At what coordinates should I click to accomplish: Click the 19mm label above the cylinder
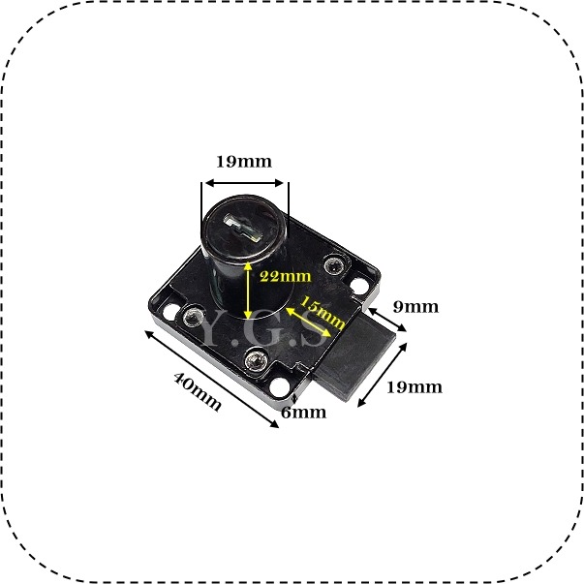click(244, 162)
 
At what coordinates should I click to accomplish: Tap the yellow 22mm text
click(286, 276)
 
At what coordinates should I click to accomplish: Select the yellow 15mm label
click(323, 312)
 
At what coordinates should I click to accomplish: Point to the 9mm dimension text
click(415, 307)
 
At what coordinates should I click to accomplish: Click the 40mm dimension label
click(198, 391)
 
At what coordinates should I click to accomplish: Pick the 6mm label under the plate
click(303, 413)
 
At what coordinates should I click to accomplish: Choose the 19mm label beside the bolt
click(415, 387)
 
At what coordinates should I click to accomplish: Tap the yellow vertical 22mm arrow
click(247, 291)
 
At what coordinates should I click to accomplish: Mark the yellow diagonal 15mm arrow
click(308, 322)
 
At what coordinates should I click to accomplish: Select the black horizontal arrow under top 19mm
click(245, 183)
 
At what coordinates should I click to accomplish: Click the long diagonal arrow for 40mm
click(211, 379)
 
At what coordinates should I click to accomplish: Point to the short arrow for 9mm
click(387, 320)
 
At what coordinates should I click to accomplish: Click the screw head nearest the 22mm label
click(332, 265)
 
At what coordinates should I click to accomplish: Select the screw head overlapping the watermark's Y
click(194, 316)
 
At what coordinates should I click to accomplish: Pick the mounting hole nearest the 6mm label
click(279, 387)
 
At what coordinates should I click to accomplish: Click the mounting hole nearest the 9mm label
click(358, 286)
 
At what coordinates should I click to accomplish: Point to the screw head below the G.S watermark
click(256, 360)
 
